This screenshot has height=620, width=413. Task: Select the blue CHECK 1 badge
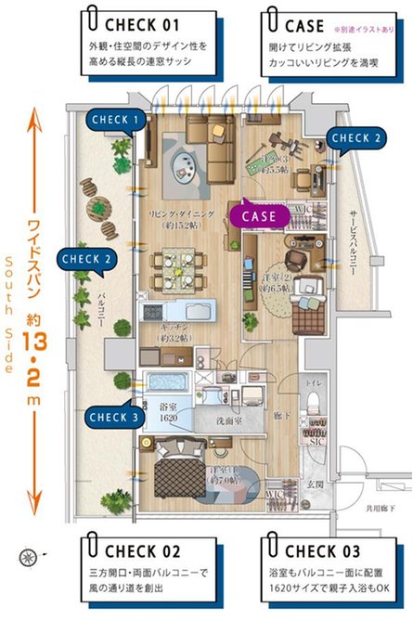pyautogui.click(x=116, y=119)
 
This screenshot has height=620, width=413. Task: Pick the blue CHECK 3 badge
pyautogui.click(x=114, y=417)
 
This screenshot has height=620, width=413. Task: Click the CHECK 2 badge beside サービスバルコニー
pyautogui.click(x=357, y=138)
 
